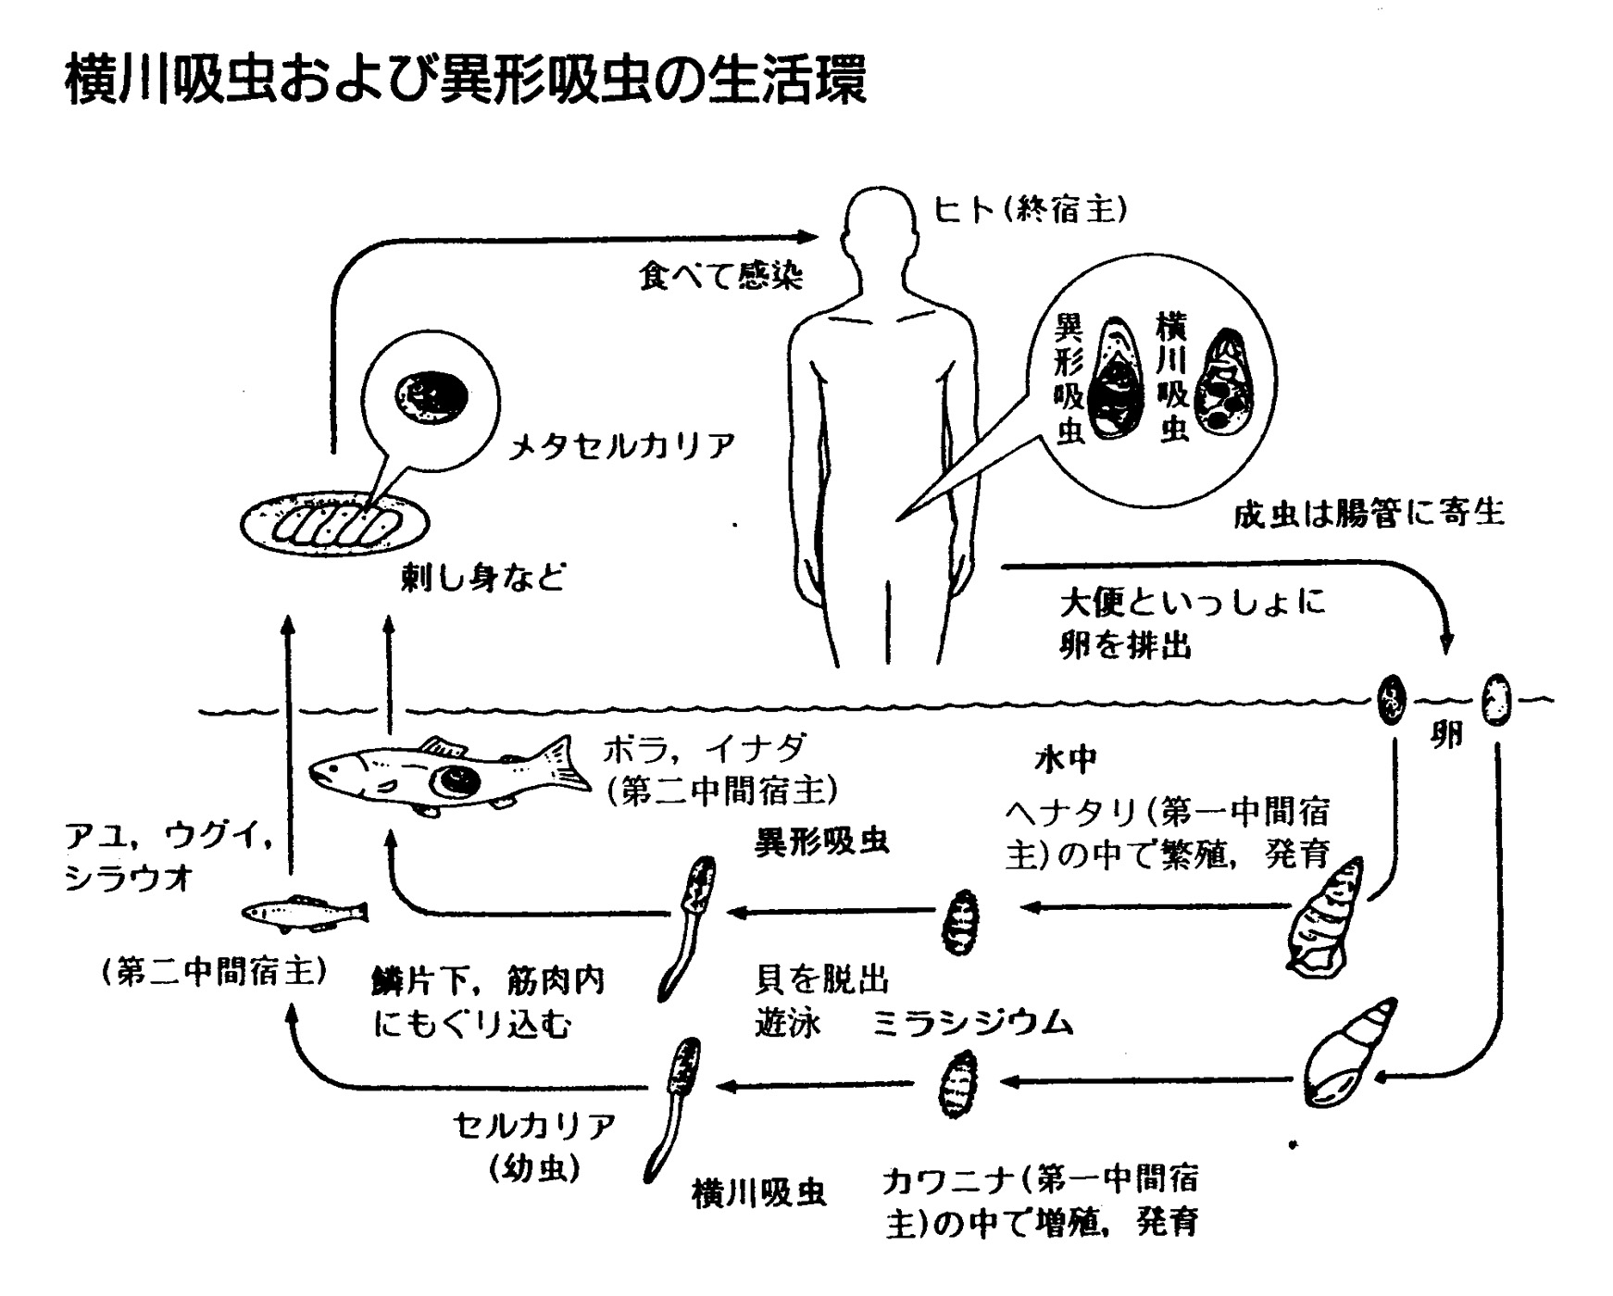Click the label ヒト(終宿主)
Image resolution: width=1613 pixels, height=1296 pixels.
tap(1030, 212)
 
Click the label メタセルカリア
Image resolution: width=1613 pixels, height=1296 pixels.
tap(622, 447)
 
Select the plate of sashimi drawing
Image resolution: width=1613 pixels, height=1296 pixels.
tap(334, 524)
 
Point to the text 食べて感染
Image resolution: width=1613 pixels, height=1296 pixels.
tap(719, 275)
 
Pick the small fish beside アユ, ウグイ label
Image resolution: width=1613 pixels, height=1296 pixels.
tap(306, 913)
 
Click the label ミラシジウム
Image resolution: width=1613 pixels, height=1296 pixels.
tap(973, 1023)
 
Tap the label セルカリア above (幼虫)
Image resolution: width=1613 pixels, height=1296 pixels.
tap(534, 1126)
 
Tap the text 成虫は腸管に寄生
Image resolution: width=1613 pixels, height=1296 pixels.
tap(1368, 512)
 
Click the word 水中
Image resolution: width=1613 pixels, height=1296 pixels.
tap(1065, 759)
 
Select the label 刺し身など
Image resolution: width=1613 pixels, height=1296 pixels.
tap(482, 578)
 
